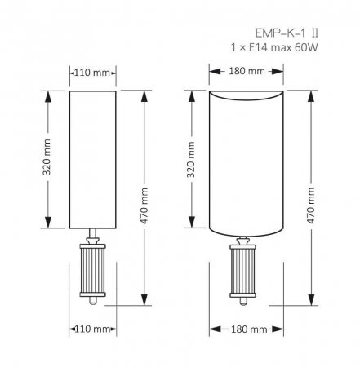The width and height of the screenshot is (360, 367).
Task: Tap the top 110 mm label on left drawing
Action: tap(92, 73)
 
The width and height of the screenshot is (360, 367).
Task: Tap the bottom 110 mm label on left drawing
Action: tap(92, 330)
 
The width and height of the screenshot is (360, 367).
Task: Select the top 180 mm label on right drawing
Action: tap(247, 71)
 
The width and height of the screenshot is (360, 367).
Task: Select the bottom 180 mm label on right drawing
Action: tap(247, 330)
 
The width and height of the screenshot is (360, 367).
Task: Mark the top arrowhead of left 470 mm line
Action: tap(144, 92)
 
